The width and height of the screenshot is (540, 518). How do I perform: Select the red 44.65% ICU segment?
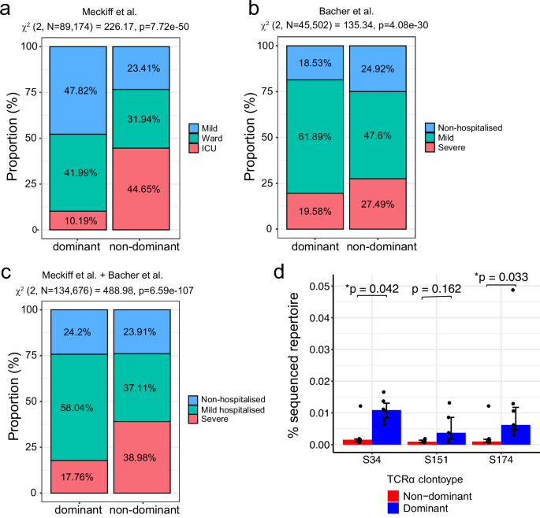(139, 189)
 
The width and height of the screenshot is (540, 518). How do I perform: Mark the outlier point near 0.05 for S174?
(512, 290)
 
